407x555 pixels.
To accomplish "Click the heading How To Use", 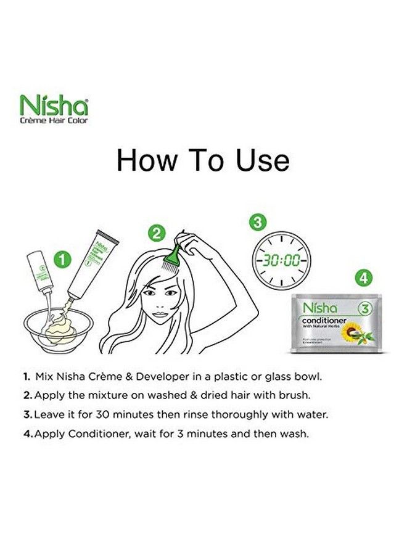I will pyautogui.click(x=203, y=160).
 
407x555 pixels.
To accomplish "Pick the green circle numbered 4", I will pyautogui.click(x=365, y=277).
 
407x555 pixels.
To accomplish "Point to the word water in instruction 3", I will pyautogui.click(x=314, y=414).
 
